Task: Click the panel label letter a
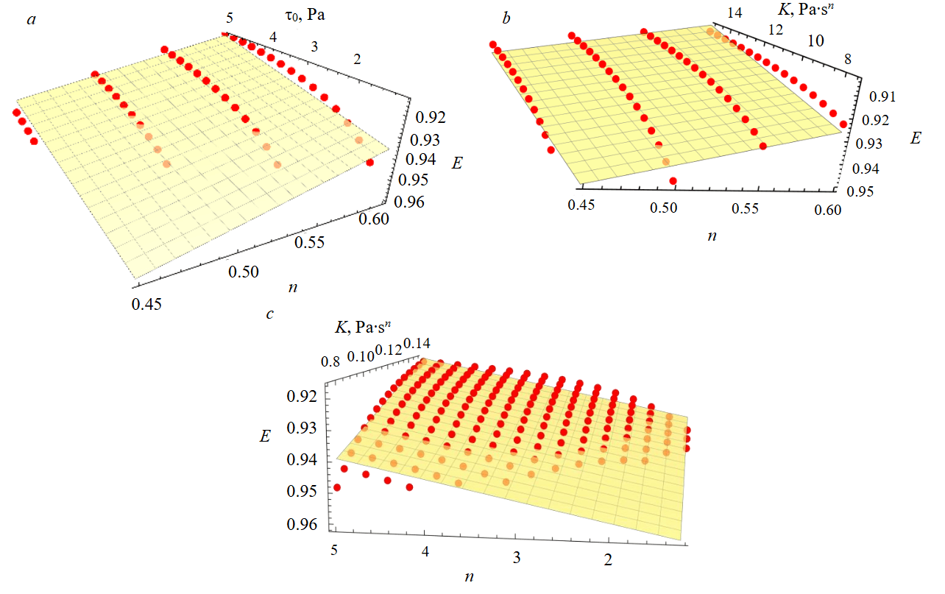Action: click(31, 20)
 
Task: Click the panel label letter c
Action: click(270, 314)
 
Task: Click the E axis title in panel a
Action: click(457, 164)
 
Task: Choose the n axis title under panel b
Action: click(712, 236)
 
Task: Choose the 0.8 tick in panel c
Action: click(330, 361)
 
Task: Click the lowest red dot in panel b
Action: click(673, 181)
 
